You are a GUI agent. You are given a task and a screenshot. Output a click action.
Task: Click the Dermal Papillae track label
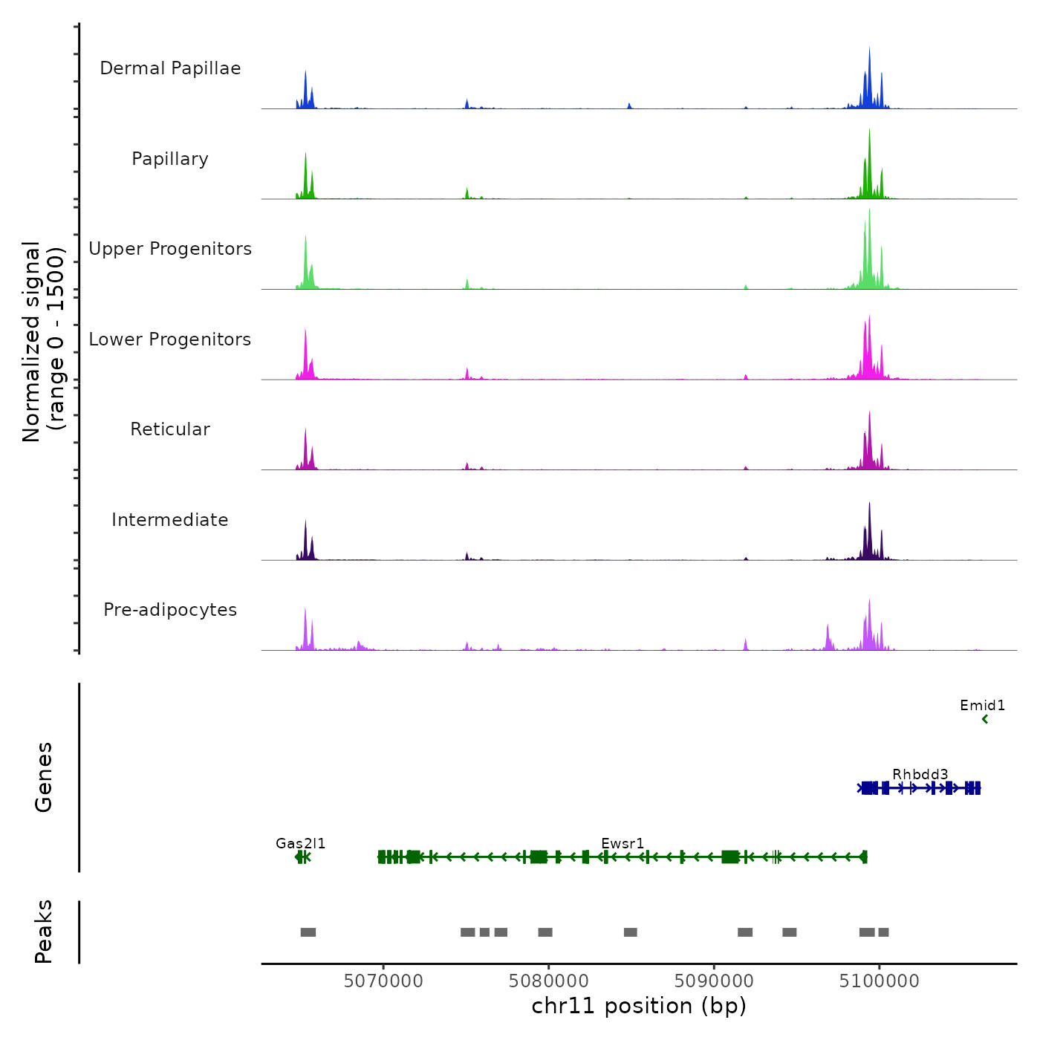170,68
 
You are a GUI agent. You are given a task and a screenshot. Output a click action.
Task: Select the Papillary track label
170,159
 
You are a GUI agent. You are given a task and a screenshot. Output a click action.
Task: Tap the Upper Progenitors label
170,249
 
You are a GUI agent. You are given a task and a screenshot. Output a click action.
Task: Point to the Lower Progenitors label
170,339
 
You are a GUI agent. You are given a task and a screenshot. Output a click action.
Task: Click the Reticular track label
170,429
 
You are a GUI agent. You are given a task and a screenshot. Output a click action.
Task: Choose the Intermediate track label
170,520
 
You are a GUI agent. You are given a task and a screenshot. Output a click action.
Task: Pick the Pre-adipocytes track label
170,610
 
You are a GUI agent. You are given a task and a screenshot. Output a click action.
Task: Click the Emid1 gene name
982,705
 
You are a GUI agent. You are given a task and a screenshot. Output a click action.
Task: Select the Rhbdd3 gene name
920,775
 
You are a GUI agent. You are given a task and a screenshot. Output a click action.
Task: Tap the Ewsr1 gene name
623,843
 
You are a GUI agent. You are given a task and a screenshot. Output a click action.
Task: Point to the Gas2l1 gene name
300,843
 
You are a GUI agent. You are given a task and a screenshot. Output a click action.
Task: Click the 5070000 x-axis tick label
383,981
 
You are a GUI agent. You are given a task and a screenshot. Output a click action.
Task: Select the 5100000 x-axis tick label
879,981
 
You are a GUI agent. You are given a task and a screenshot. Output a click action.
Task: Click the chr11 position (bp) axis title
639,1006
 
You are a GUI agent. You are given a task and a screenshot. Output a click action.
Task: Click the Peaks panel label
44,932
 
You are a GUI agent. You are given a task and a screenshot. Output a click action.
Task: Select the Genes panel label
44,777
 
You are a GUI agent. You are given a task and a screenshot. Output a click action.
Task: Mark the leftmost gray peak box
308,932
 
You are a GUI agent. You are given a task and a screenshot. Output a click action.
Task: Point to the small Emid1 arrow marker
985,719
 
